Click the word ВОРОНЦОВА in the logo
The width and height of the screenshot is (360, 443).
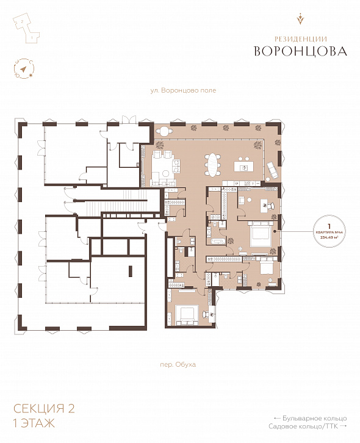click(301, 51)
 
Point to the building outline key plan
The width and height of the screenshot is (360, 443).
click(25, 28)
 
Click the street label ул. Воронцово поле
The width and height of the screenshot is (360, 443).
click(183, 90)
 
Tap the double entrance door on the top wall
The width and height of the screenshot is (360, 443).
click(129, 118)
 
